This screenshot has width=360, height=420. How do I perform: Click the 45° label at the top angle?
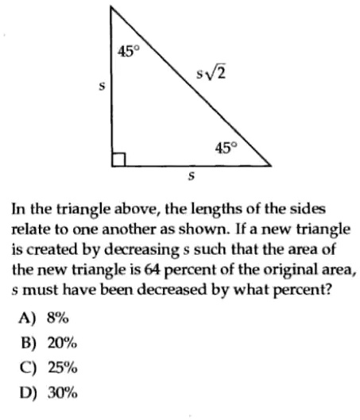[x=128, y=52]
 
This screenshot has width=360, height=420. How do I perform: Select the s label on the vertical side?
[x=100, y=86]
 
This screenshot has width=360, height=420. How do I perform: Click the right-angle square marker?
[x=119, y=160]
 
